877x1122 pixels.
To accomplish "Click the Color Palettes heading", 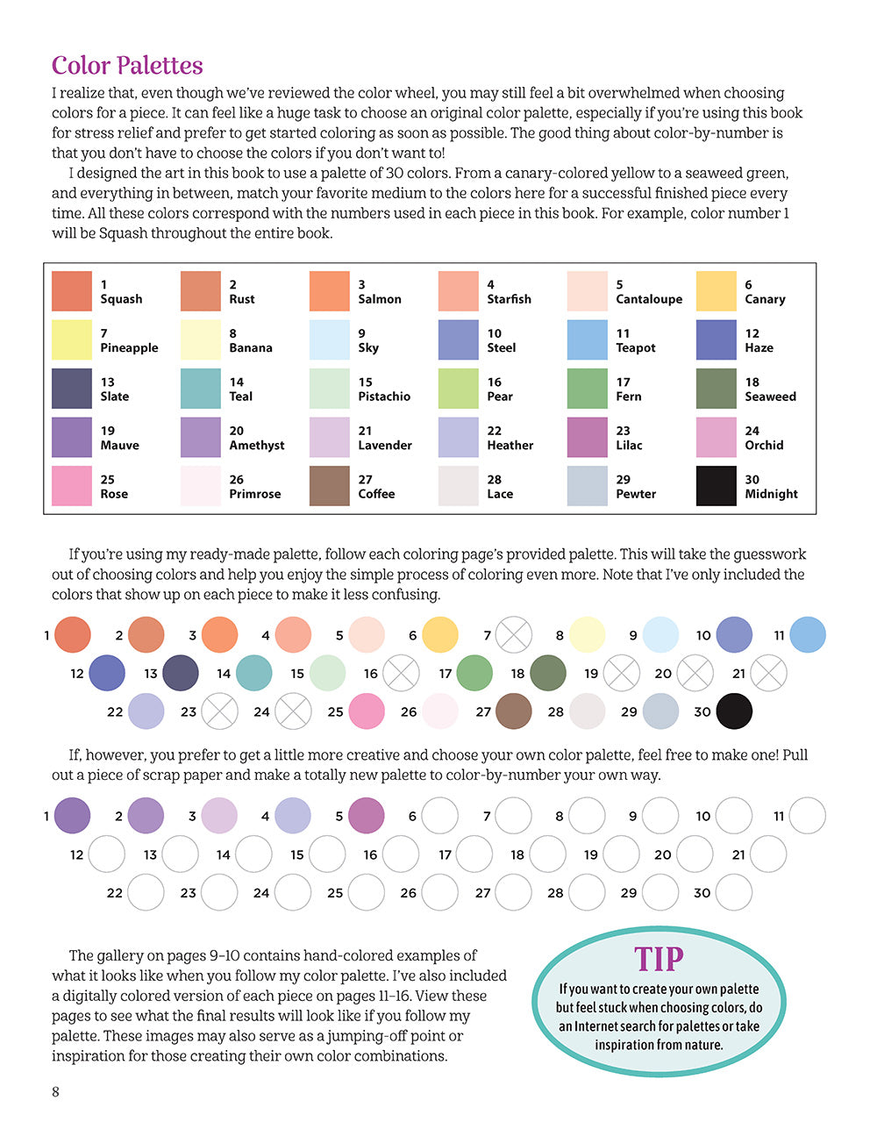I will tap(127, 66).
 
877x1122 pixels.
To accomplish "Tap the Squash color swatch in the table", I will tap(72, 291).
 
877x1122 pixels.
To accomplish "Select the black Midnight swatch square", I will tap(716, 486).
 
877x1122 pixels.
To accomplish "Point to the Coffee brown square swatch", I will tap(330, 486).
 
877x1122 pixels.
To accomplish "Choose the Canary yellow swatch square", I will tap(716, 291).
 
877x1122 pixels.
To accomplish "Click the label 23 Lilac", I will tap(629, 438).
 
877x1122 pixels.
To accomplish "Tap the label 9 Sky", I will tap(368, 340).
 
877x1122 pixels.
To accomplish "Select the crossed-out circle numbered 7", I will tap(514, 635).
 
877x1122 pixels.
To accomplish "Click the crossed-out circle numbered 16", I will tap(402, 673).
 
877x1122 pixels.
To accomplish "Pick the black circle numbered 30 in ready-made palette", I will tap(734, 711).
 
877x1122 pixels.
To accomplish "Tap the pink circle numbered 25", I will tap(367, 711).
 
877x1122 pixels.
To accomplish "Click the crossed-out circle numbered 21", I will tap(769, 673).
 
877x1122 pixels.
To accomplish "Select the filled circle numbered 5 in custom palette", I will tap(367, 816).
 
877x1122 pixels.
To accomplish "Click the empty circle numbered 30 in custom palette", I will tap(734, 893).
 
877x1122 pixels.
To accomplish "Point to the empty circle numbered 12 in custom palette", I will tap(107, 854).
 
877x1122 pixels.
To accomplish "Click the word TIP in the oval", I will tap(659, 959).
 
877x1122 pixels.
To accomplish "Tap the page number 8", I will tap(56, 1092).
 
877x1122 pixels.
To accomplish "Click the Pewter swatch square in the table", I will tap(587, 486).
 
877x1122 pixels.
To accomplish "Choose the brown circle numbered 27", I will tap(514, 711).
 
